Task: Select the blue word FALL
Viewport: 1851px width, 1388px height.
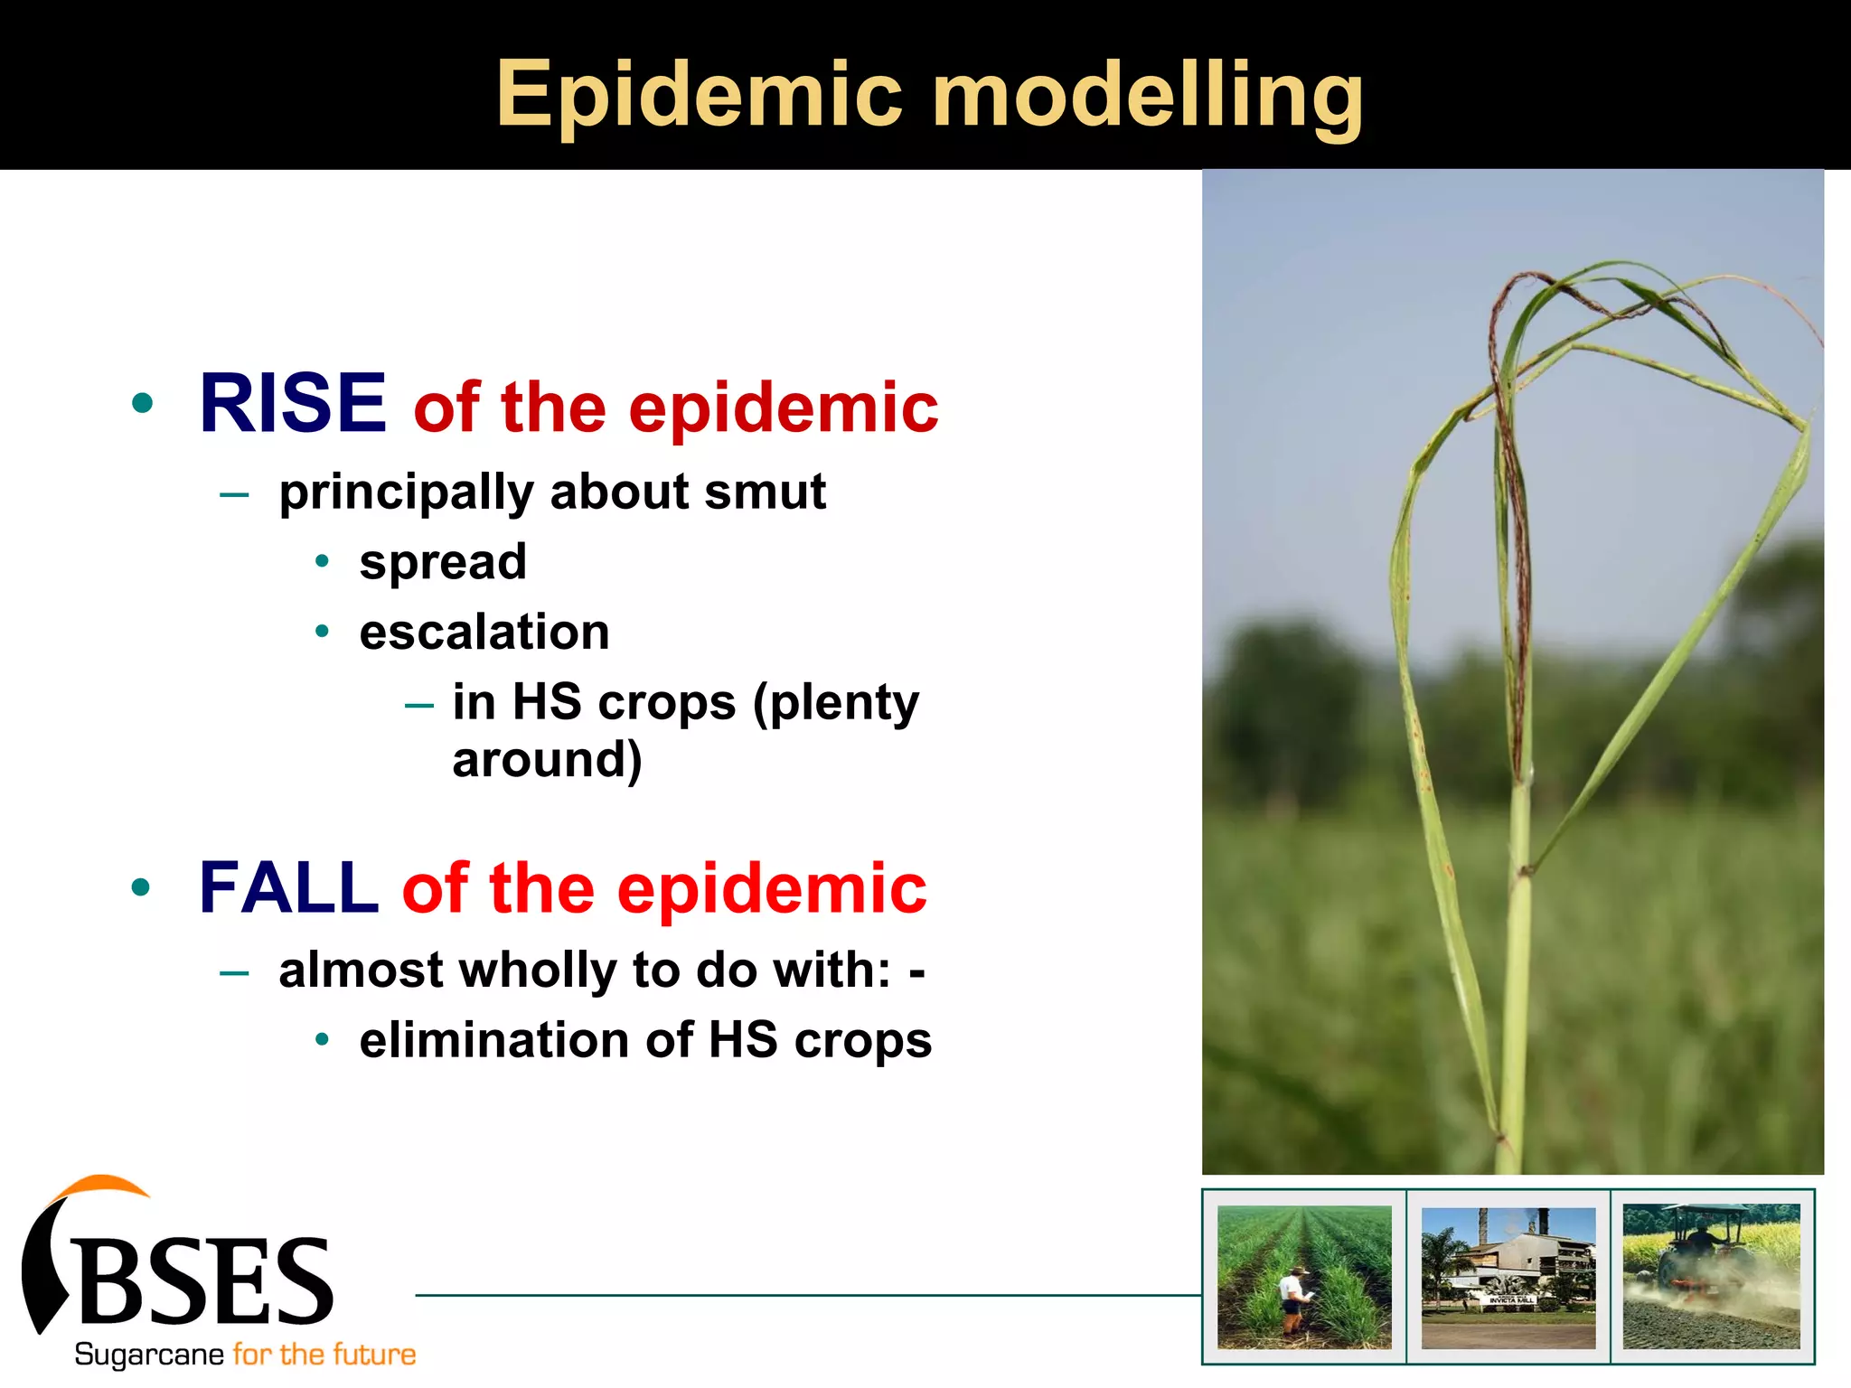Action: point(287,888)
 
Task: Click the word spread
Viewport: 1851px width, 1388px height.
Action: point(442,562)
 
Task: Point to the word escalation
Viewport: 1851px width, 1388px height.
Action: point(484,632)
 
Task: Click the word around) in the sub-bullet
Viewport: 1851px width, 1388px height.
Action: point(547,760)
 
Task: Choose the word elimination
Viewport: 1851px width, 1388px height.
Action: point(493,1040)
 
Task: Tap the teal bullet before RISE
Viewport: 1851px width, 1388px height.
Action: point(142,403)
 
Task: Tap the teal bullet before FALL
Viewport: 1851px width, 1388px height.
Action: point(140,887)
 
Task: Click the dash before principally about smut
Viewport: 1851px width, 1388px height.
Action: point(233,494)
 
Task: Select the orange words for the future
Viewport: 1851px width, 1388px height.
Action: point(324,1355)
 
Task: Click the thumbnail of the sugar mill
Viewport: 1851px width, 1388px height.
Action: point(1508,1278)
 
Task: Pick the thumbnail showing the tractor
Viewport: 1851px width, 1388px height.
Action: point(1710,1276)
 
